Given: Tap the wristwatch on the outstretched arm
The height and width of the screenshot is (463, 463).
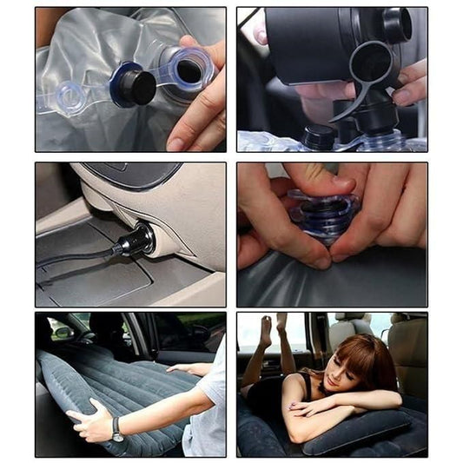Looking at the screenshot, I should point(116,429).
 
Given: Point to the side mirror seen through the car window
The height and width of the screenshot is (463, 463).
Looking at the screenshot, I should point(63,331).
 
